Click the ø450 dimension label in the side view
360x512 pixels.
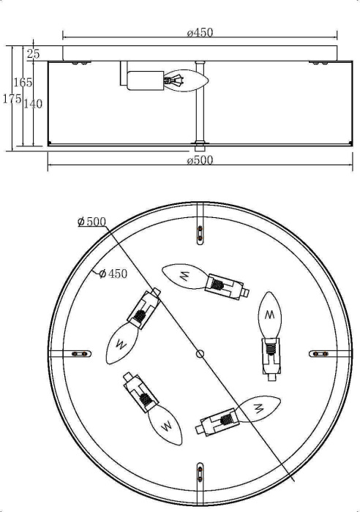coord(200,31)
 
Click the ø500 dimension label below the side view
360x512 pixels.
coord(200,161)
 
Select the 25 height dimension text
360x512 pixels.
coord(33,53)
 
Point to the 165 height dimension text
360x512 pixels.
coord(23,83)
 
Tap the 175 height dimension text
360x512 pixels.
coord(11,99)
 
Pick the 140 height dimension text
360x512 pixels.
coord(33,104)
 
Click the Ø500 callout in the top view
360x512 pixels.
coord(91,222)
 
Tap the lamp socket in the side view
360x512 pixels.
coord(144,78)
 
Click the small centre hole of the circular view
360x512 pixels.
coord(200,353)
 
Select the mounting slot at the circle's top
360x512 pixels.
coord(200,233)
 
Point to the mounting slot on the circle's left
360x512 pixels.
coord(81,353)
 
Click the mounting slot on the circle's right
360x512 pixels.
coord(320,353)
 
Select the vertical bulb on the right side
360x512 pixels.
coord(270,315)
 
